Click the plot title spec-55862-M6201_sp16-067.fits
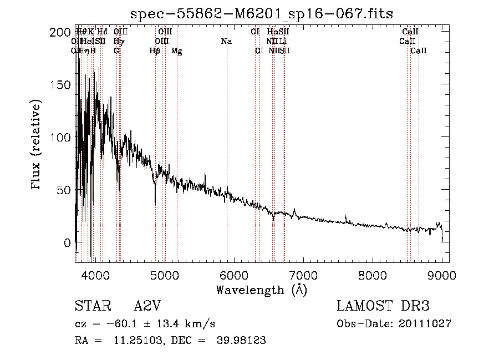(x=262, y=13)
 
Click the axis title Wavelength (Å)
(x=261, y=290)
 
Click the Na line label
(x=226, y=41)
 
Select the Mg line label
(x=177, y=50)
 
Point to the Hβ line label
(x=155, y=50)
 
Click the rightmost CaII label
(x=419, y=50)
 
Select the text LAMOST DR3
(x=383, y=307)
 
